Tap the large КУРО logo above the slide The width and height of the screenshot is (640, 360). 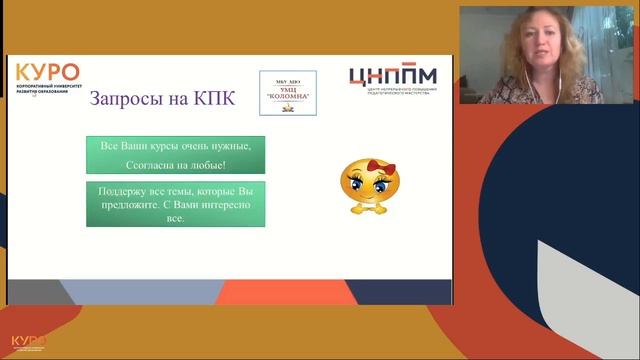click(48, 73)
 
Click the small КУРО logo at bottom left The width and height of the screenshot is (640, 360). click(29, 342)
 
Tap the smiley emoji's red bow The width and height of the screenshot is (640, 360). click(356, 164)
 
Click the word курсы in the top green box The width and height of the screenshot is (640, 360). click(172, 147)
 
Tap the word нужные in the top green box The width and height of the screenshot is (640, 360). click(226, 147)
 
